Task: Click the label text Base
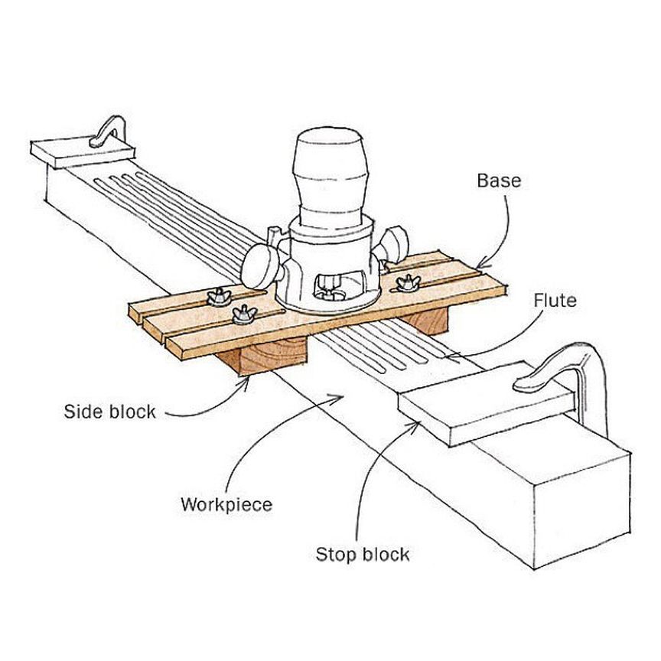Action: [x=499, y=181]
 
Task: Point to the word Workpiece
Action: [x=226, y=505]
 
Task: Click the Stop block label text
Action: [x=363, y=554]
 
